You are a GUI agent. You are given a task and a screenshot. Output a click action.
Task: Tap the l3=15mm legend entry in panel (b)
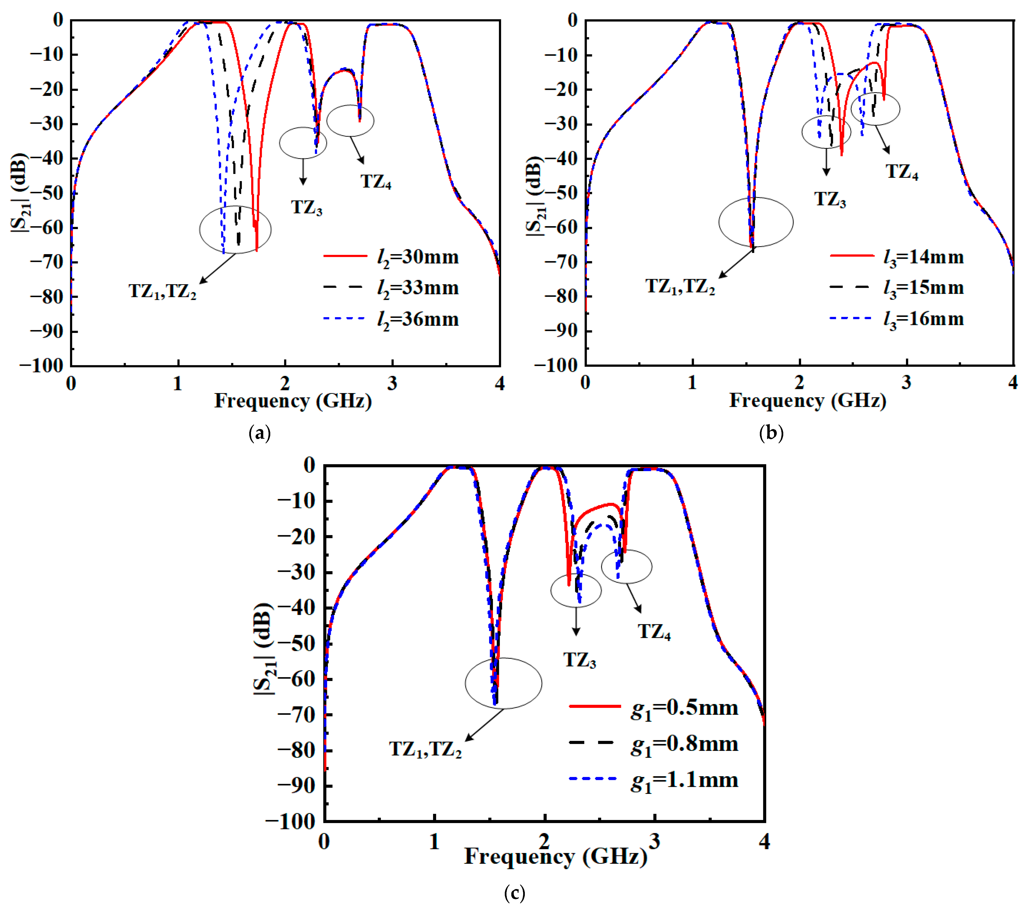click(x=897, y=288)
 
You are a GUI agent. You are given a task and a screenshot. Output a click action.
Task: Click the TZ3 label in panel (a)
click(x=306, y=207)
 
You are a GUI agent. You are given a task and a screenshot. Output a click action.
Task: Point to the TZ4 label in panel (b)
click(x=902, y=172)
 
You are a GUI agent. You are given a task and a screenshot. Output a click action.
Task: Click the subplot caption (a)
click(x=260, y=433)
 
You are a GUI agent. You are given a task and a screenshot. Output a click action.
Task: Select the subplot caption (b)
click(x=771, y=433)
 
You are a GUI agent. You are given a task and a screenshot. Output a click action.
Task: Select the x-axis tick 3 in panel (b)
click(x=906, y=383)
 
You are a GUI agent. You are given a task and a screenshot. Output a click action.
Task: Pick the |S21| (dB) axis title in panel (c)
click(x=264, y=650)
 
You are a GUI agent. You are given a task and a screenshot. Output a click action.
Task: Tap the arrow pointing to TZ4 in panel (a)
click(x=357, y=150)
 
